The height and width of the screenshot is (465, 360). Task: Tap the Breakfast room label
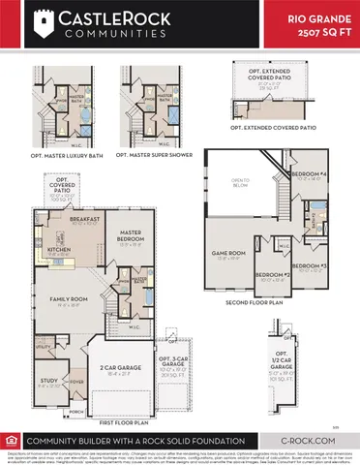tap(84, 219)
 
